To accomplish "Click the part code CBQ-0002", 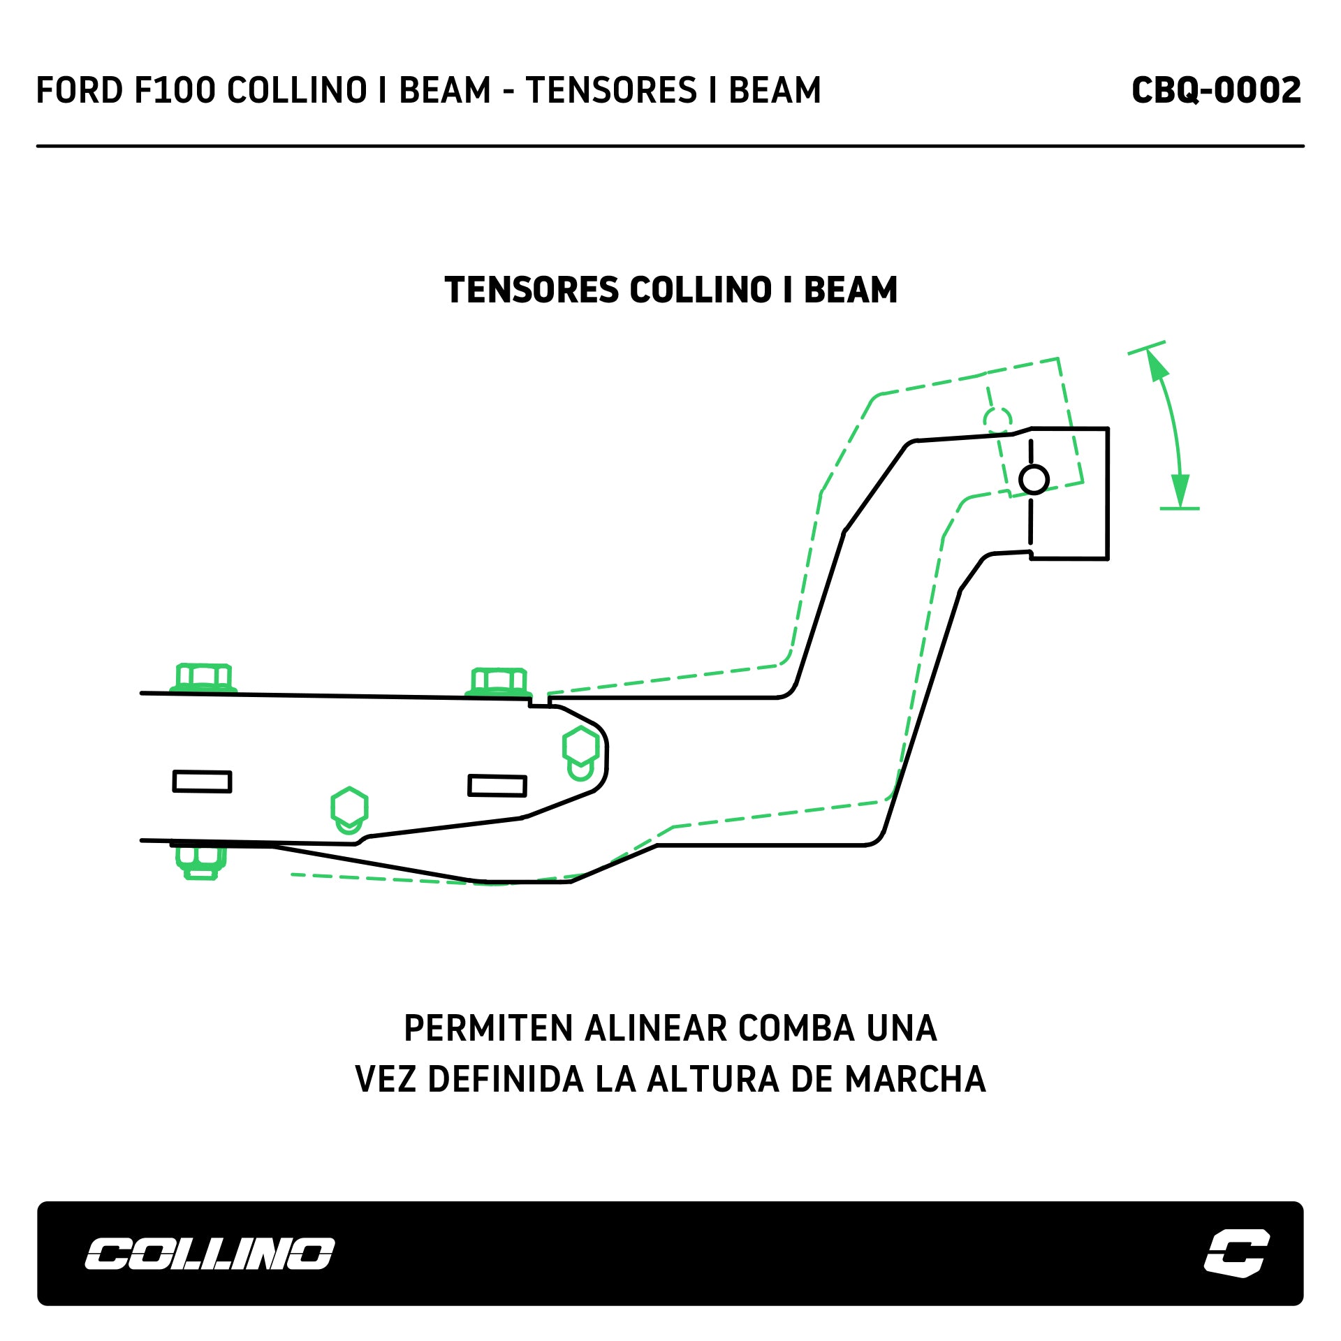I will point(1216,91).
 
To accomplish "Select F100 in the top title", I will point(175,91).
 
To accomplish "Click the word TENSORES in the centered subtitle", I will point(532,290).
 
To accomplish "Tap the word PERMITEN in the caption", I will point(488,1029).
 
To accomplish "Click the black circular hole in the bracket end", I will point(1034,480).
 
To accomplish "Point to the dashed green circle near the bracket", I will point(997,420).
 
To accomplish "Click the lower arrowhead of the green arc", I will point(1180,491).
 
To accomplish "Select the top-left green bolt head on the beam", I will point(203,677).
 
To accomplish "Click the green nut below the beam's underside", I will point(201,861).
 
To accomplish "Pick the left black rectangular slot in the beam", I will point(202,782).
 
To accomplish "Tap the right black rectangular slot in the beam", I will point(497,786).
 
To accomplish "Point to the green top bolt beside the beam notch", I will point(499,681).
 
